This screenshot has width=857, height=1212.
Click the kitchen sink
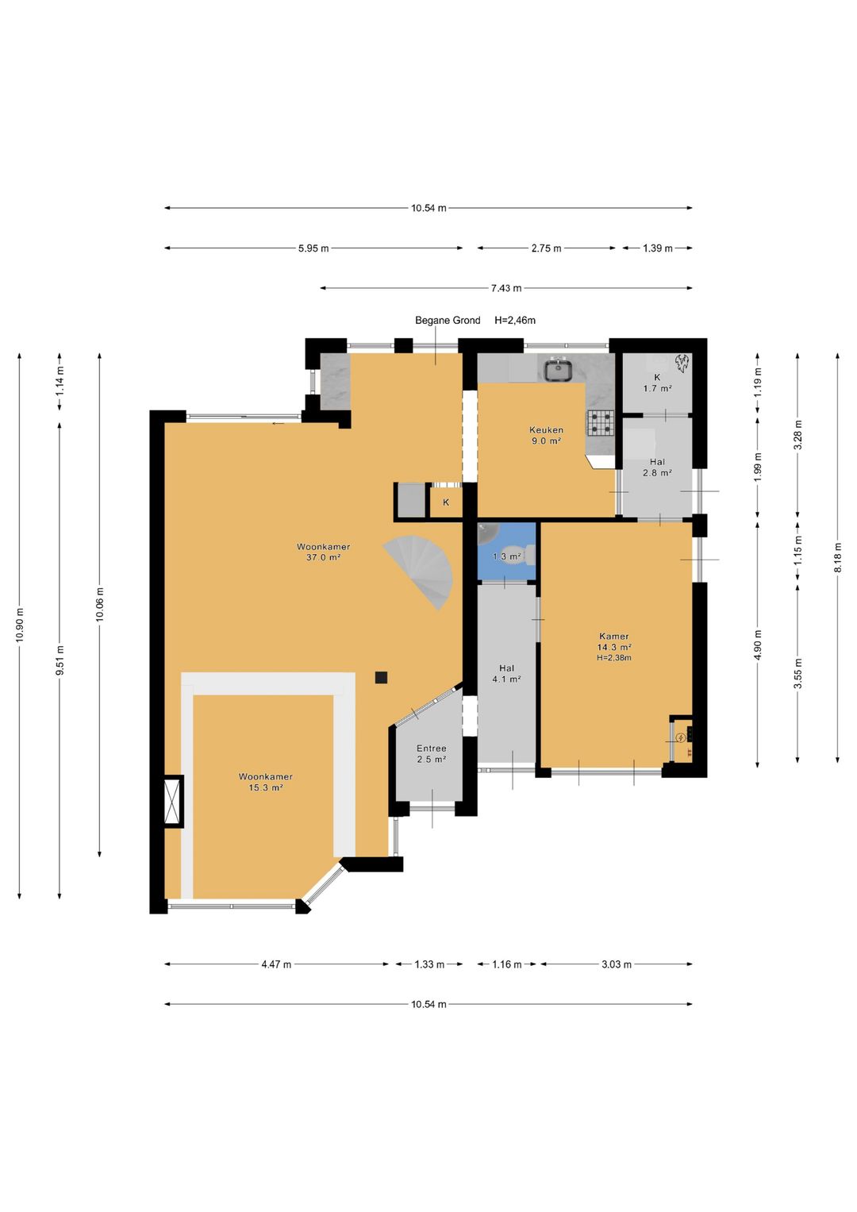click(x=556, y=369)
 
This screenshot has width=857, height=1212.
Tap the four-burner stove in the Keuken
click(x=601, y=424)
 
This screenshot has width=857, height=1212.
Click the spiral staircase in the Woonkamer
click(x=422, y=569)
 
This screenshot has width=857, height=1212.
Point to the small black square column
click(x=382, y=677)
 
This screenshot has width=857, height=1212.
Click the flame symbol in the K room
click(x=681, y=363)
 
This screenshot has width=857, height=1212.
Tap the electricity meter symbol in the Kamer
click(x=680, y=736)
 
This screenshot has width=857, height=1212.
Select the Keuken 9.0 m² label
click(x=546, y=435)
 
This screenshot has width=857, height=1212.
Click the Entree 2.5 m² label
click(x=431, y=753)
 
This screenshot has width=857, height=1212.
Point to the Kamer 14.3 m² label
click(x=614, y=641)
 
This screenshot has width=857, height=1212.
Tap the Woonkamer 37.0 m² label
click(x=323, y=552)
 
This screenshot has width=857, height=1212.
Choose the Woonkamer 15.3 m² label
click(x=266, y=782)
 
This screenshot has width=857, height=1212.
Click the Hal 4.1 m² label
click(x=506, y=674)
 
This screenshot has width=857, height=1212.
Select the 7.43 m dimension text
click(x=506, y=288)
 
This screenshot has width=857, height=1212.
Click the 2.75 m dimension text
click(x=546, y=248)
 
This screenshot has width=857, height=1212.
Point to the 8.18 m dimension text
click(x=837, y=556)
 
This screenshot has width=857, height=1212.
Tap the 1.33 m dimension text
click(x=429, y=964)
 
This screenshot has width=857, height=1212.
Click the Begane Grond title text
click(x=448, y=321)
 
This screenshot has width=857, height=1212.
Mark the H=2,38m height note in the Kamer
click(x=614, y=658)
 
